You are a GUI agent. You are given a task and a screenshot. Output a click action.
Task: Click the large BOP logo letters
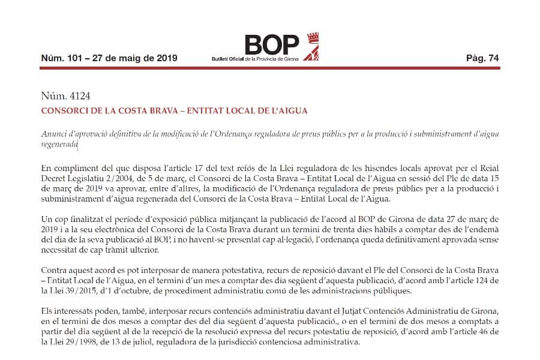coord(271,44)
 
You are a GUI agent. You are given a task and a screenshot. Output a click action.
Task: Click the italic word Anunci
coord(52,133)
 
